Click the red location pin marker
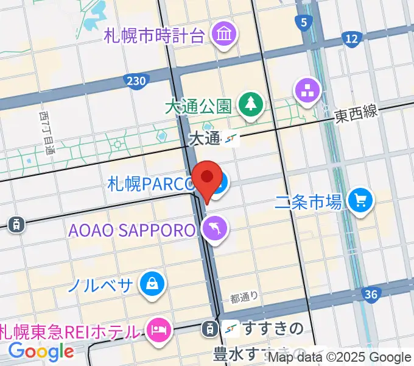[207, 179]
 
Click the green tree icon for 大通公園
[250, 104]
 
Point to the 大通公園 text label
[198, 106]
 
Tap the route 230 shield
[135, 80]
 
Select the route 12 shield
[351, 40]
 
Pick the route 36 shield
[370, 295]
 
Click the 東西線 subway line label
[356, 114]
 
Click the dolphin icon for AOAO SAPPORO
[216, 229]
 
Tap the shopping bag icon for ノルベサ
[150, 283]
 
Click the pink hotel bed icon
[158, 331]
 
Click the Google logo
[41, 351]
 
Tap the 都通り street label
[245, 298]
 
